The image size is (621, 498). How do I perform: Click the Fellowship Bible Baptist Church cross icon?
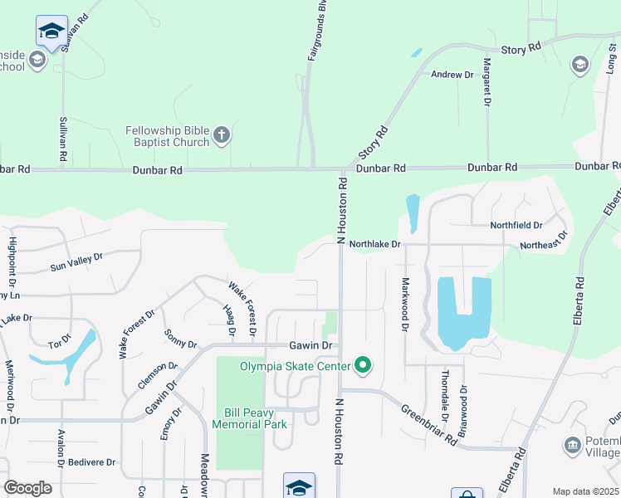pos(221,135)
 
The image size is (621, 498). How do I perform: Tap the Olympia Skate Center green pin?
pos(363,364)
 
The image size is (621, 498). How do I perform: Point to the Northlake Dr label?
pos(374,245)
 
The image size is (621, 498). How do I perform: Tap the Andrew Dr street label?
pos(452,75)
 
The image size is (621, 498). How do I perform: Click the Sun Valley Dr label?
pos(76,262)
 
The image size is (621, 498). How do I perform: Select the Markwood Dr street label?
pos(405,306)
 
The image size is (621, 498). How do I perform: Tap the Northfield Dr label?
pos(516,225)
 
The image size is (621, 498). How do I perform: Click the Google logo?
pos(27,487)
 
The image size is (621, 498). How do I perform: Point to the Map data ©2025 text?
pos(584,491)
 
